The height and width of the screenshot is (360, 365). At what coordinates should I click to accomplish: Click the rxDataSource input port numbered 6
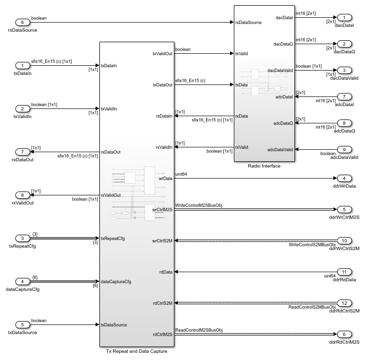click(22, 23)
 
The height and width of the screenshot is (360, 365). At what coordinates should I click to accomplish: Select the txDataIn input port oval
click(22, 65)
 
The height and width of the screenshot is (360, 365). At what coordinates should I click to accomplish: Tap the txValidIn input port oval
click(22, 108)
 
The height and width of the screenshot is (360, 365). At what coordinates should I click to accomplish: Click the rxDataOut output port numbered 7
click(22, 152)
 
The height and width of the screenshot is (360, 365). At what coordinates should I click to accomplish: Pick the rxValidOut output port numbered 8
click(22, 195)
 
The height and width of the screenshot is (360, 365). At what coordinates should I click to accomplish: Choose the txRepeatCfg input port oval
click(22, 238)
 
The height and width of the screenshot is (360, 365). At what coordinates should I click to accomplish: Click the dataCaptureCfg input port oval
click(22, 281)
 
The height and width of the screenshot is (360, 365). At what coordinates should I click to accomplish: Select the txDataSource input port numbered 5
click(22, 324)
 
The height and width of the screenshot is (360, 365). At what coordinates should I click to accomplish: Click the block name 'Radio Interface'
click(264, 166)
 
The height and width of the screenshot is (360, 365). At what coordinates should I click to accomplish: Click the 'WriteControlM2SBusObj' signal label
click(199, 205)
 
